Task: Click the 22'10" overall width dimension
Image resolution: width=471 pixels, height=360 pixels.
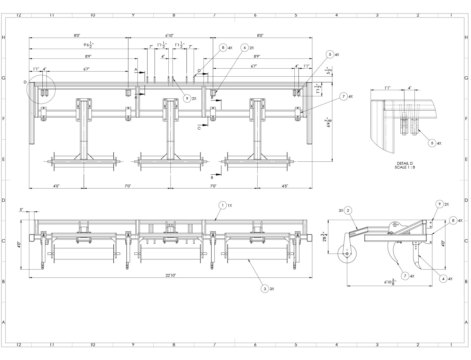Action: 171,275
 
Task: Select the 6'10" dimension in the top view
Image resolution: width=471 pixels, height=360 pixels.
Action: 169,35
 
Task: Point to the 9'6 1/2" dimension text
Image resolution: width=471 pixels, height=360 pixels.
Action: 89,45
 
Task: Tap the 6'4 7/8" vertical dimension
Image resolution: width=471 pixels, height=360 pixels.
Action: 326,123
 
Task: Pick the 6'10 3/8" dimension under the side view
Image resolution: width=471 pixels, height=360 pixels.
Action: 390,282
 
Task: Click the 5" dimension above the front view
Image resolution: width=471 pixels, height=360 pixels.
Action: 21,210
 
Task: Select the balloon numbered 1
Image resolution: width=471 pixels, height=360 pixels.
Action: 223,205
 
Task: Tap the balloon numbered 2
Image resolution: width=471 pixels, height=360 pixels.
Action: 348,210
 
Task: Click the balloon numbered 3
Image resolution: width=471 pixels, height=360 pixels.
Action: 265,289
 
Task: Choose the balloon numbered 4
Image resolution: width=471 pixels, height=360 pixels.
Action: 443,279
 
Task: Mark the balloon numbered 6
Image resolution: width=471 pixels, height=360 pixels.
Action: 245,48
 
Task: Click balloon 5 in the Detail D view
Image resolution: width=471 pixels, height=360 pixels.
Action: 432,143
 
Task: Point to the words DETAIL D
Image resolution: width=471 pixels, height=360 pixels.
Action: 405,163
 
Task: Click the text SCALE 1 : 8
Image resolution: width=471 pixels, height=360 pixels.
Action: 405,167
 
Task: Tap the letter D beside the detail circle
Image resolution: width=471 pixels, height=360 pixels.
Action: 25,82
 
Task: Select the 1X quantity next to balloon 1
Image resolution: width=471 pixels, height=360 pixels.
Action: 230,205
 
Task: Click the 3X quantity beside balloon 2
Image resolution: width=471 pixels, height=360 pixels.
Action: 341,210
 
